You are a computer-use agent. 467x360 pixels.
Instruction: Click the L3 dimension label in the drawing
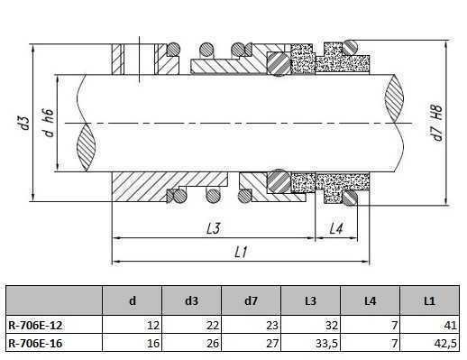pos(213,229)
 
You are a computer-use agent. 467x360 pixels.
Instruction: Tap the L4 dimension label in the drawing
pos(335,229)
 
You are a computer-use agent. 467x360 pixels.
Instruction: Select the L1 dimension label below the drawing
pos(242,254)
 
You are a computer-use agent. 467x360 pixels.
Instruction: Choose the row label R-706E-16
pos(34,343)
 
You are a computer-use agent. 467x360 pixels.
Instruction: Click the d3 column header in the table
pos(190,300)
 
